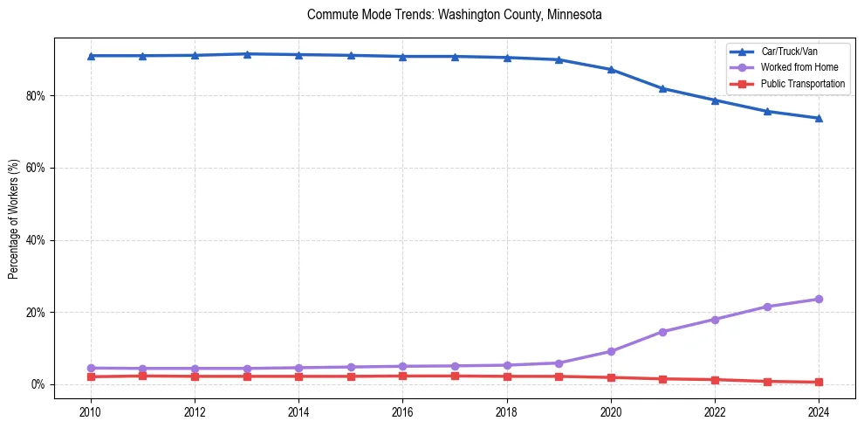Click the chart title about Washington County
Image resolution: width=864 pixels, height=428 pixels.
coord(455,15)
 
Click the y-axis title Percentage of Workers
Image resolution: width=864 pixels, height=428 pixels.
coord(13,219)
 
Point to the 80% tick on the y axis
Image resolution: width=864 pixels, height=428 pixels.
coord(36,95)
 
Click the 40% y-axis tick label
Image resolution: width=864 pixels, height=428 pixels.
coord(36,240)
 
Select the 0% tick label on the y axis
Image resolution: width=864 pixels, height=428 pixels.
coord(38,384)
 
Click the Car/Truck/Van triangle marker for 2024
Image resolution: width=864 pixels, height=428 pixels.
coord(819,118)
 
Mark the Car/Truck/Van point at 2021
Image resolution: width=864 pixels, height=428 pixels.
coord(662,88)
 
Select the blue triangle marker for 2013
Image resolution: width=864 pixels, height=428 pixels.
coord(247,54)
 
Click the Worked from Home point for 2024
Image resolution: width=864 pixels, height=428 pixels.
coord(819,299)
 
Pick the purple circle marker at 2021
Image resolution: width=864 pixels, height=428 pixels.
coord(662,332)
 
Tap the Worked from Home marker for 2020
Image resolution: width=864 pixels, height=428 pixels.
coord(611,351)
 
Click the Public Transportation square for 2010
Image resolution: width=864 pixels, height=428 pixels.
coord(91,376)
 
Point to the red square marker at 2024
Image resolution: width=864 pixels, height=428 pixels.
coord(819,382)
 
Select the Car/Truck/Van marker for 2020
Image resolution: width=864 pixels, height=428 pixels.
coord(611,69)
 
